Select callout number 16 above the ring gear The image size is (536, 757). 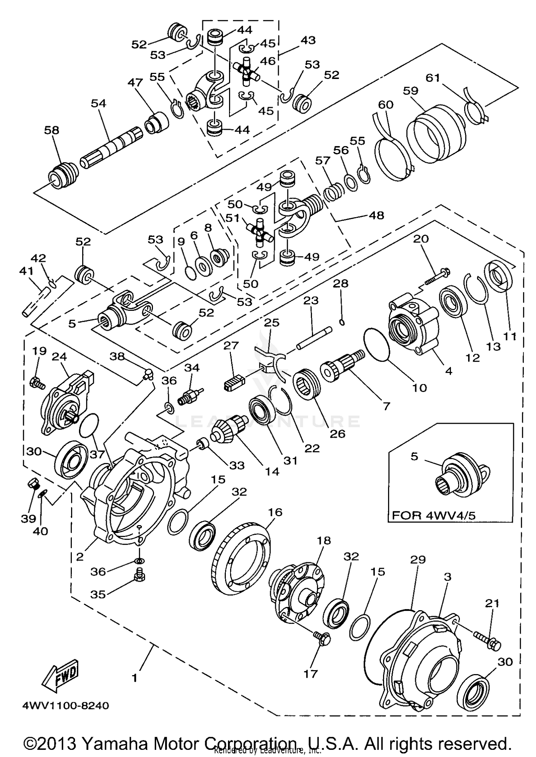coord(275,512)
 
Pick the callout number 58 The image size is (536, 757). coord(51,130)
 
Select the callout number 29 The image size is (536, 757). coord(418,559)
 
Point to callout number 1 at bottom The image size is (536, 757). coord(134,678)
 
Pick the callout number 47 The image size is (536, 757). coord(135,83)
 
